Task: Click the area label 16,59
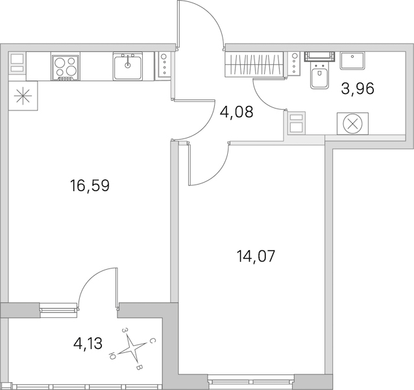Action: pyautogui.click(x=90, y=186)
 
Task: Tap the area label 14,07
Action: pyautogui.click(x=256, y=256)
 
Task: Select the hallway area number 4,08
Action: pyautogui.click(x=237, y=112)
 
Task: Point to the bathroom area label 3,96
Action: pyautogui.click(x=358, y=88)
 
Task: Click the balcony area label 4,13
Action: pyautogui.click(x=88, y=344)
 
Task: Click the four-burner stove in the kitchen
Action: pyautogui.click(x=66, y=68)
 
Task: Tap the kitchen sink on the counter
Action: pyautogui.click(x=128, y=66)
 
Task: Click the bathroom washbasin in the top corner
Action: pyautogui.click(x=352, y=61)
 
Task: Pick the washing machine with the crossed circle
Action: pyautogui.click(x=352, y=123)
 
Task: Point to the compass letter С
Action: pyautogui.click(x=152, y=341)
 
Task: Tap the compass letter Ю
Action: pyautogui.click(x=112, y=356)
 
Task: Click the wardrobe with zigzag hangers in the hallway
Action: pyautogui.click(x=254, y=64)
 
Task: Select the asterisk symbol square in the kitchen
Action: pyautogui.click(x=23, y=96)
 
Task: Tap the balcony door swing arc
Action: pyautogui.click(x=89, y=280)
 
